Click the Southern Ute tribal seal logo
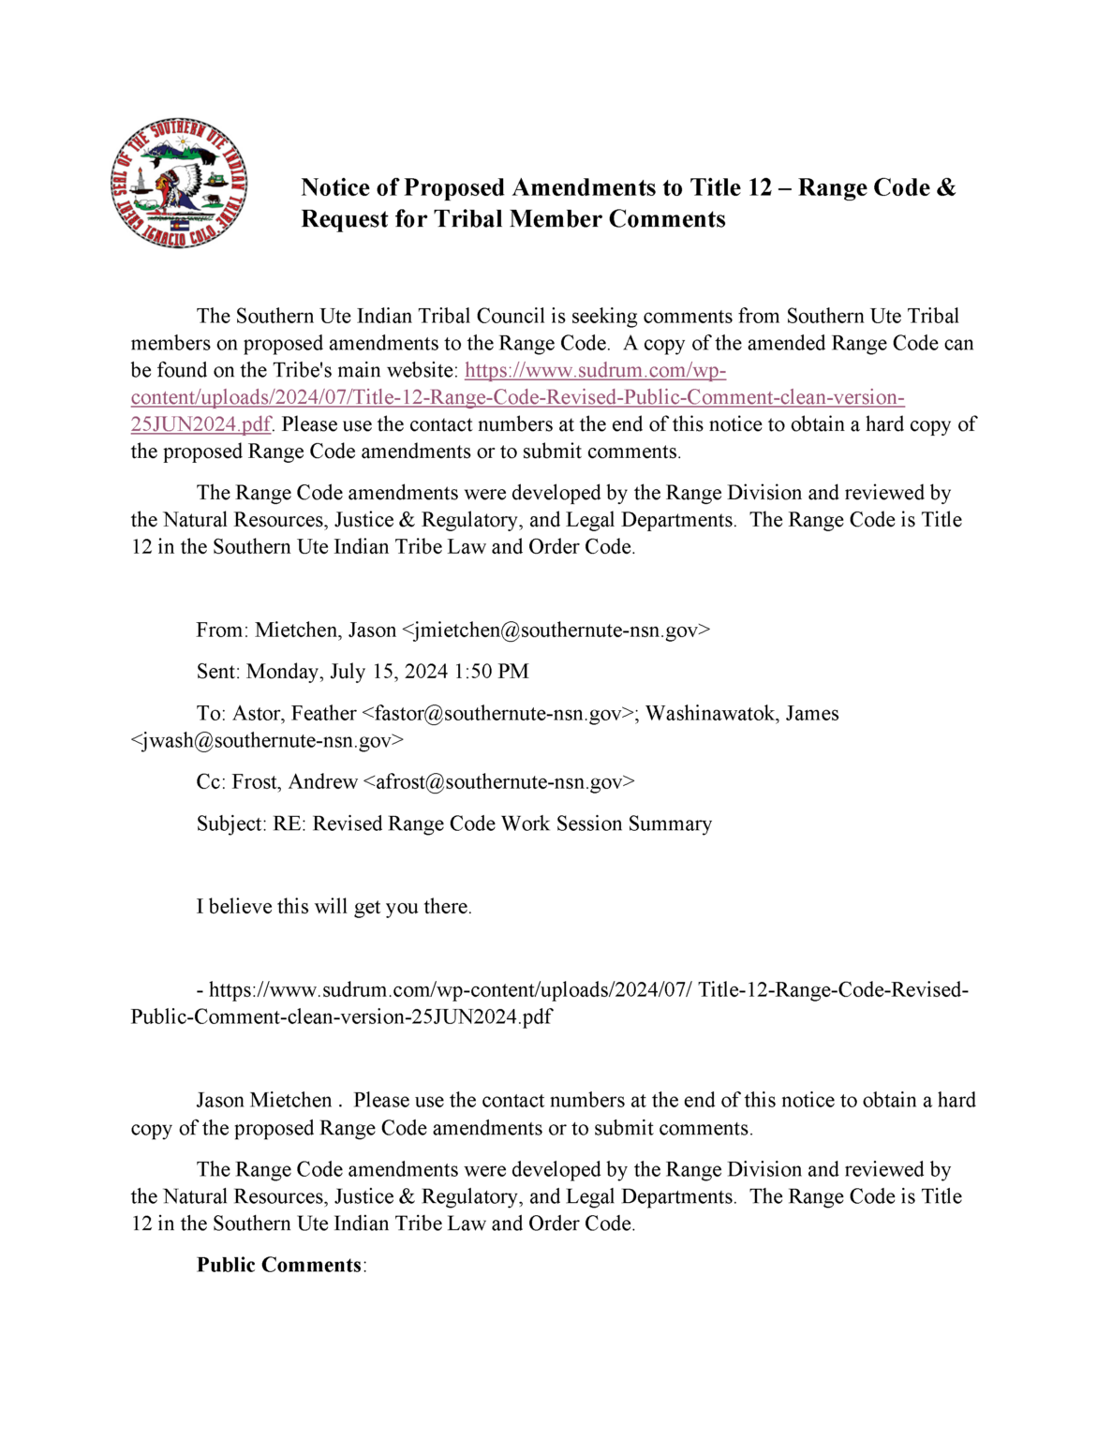click(x=178, y=185)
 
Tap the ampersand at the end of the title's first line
click(x=945, y=187)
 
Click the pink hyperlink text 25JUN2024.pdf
click(x=200, y=424)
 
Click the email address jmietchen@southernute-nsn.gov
click(x=556, y=630)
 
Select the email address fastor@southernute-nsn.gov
click(x=497, y=714)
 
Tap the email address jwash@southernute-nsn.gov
click(x=267, y=741)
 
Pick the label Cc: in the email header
click(x=211, y=782)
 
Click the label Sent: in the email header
click(x=218, y=672)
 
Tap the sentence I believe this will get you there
click(x=334, y=907)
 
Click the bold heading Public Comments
click(x=279, y=1265)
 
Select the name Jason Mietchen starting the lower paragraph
click(x=264, y=1100)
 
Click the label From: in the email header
click(x=222, y=630)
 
